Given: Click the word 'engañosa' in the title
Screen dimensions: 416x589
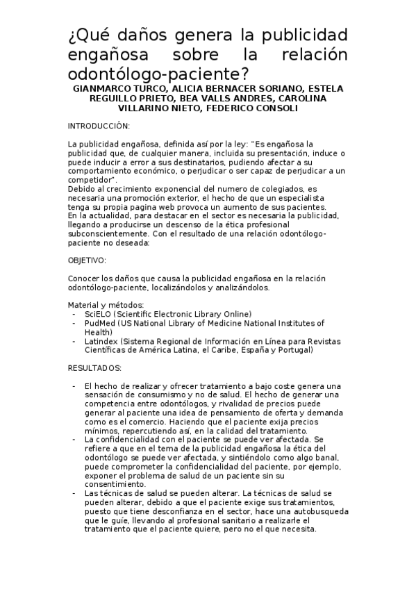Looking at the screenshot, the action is [111, 54].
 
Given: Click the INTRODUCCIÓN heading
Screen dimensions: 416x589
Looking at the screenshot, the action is [99, 126].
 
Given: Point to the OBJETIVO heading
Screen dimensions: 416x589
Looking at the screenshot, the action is [87, 260].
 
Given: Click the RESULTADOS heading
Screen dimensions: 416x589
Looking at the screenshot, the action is [94, 367].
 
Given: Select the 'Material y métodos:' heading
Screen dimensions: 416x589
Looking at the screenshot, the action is [106, 305].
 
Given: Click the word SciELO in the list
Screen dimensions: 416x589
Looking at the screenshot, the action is [97, 314].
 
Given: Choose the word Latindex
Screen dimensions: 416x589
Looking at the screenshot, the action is [101, 341].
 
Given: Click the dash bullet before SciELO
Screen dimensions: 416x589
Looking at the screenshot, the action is [74, 314].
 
